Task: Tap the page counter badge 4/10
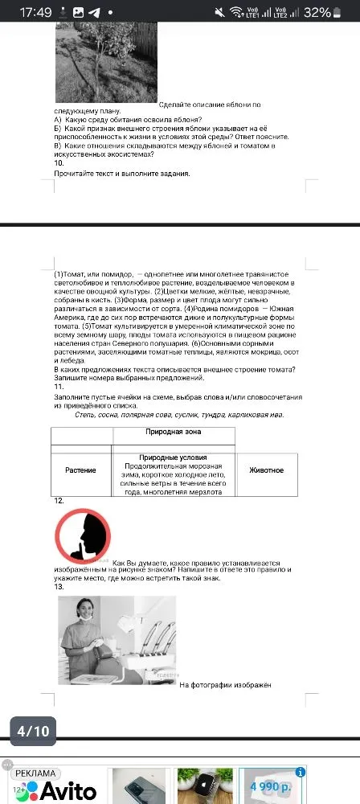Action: point(34,731)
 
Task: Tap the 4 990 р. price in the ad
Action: point(270,786)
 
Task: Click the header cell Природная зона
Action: point(173,432)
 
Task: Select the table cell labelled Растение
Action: point(80,470)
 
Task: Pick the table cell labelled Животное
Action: point(265,470)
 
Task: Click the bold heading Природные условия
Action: point(173,457)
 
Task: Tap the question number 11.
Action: point(59,386)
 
